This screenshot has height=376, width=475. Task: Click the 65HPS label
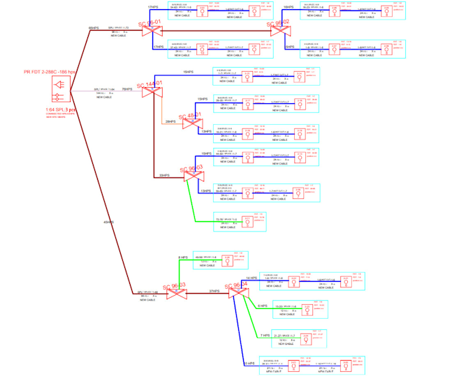[x=94, y=28]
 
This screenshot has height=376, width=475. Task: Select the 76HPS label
[x=126, y=89]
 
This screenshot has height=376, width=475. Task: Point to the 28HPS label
[x=170, y=122]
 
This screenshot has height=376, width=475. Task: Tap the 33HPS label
[x=164, y=176]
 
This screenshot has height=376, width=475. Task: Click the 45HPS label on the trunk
[x=108, y=223]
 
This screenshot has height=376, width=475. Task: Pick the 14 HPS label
[x=252, y=278]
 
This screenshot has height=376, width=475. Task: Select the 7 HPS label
[x=265, y=336]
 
